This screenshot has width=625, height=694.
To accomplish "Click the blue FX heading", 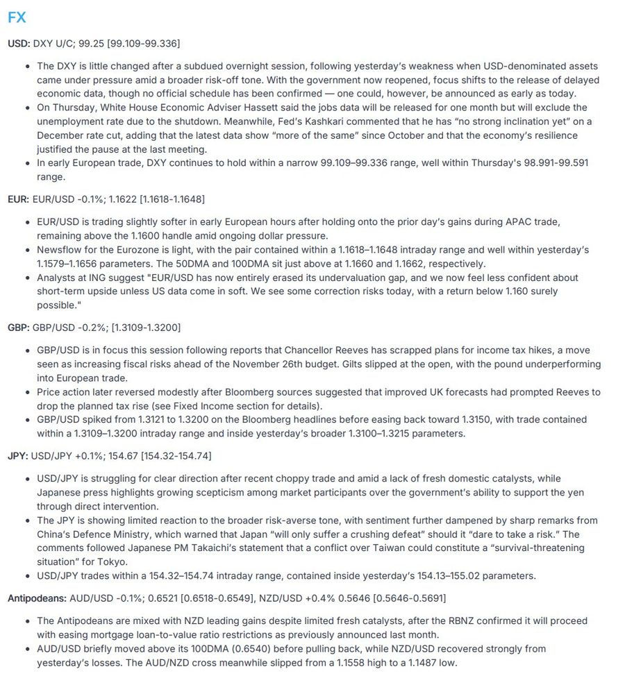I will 17,17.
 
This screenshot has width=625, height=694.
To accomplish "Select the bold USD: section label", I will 19,44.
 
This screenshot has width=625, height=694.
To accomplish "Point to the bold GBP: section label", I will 19,328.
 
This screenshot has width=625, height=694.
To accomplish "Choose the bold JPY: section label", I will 18,456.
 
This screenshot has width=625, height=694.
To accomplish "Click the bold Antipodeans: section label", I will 35,598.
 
